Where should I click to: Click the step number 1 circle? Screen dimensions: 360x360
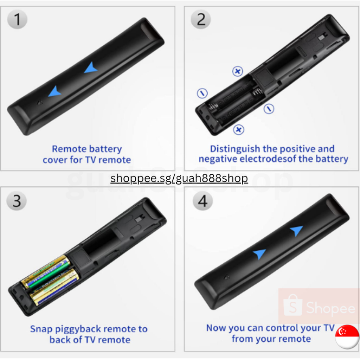tap(17, 19)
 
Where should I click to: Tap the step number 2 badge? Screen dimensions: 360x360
tap(201, 19)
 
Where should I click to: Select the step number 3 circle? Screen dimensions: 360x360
tap(17, 201)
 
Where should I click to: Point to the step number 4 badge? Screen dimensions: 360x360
tap(203, 201)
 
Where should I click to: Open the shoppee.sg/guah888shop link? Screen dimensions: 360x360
tap(179, 178)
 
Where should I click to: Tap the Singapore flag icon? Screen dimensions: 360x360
tap(347, 336)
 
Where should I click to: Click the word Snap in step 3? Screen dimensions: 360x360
tap(41, 329)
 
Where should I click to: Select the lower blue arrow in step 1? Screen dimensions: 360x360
tap(54, 91)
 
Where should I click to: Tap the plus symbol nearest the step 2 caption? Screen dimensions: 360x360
tap(239, 129)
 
